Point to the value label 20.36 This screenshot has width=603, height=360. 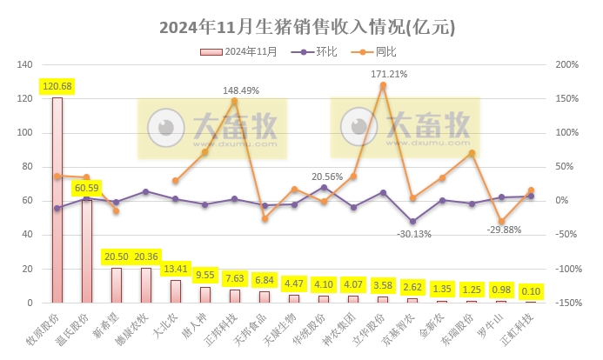point(146,257)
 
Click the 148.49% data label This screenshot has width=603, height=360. point(241,90)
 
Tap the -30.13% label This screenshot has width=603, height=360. point(414,233)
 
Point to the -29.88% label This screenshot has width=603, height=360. point(502,230)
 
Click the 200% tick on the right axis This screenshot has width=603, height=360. point(566,65)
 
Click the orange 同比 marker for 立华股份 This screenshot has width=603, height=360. point(383,85)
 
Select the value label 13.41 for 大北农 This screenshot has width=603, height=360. point(176,268)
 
